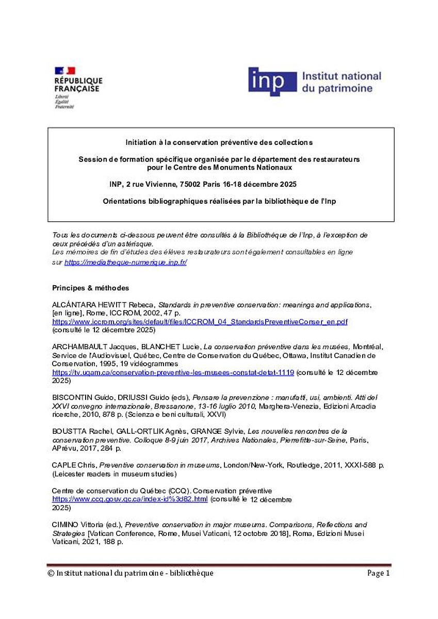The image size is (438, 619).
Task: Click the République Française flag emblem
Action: coord(64,71)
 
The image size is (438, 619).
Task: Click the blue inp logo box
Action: coord(272,82)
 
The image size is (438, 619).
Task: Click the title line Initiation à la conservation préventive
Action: coord(219,142)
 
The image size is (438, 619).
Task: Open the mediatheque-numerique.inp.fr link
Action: coord(125,263)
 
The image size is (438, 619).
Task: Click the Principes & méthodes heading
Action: coord(91,288)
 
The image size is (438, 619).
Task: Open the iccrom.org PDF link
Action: coord(200,322)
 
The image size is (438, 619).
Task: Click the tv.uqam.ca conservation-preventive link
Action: coord(173,372)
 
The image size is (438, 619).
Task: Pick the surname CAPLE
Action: coord(63,465)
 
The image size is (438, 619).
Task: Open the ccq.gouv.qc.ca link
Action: coord(130,500)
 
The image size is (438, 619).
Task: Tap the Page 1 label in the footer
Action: coord(379,573)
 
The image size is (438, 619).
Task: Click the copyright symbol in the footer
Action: coord(51,573)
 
